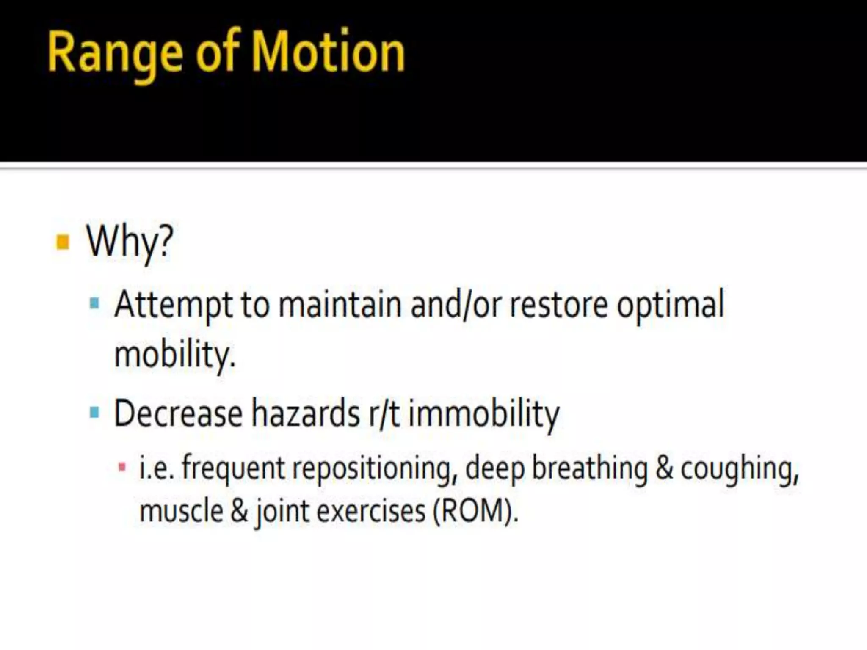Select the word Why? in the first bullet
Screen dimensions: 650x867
click(130, 242)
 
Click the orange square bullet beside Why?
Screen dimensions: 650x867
click(63, 242)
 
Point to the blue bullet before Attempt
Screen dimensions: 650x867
click(95, 303)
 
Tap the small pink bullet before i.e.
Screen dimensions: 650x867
click(122, 468)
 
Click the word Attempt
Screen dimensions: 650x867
click(173, 305)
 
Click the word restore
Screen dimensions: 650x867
click(558, 305)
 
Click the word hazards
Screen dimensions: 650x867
click(306, 413)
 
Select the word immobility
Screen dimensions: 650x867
click(484, 414)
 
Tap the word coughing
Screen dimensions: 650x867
click(739, 469)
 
